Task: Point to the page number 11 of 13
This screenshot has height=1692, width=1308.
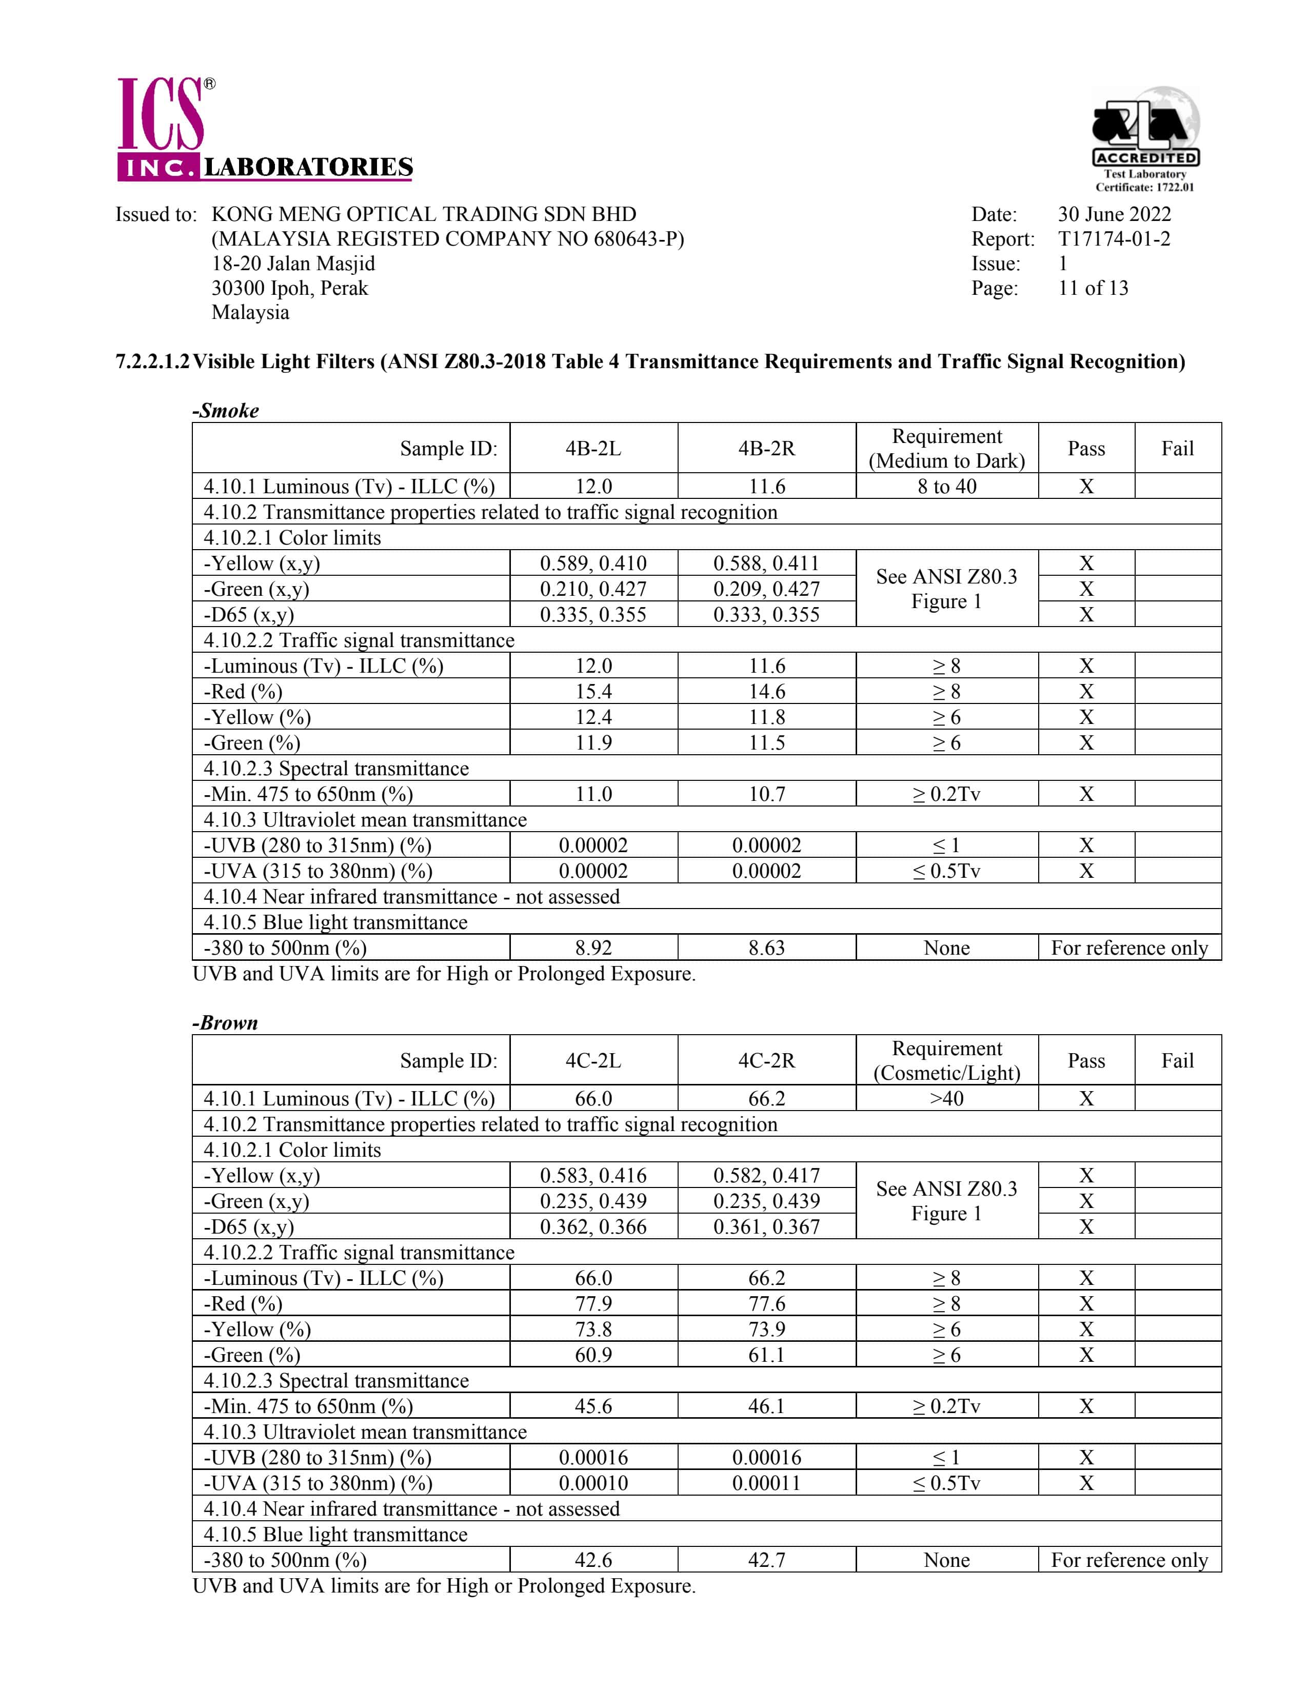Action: point(1093,288)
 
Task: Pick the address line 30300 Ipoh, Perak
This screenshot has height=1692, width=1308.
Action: point(290,288)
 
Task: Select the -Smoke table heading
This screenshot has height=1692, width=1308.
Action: point(226,411)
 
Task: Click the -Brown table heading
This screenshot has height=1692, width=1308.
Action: point(226,1023)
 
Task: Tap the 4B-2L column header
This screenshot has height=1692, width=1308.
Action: point(593,449)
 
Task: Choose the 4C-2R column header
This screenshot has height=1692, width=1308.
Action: point(766,1061)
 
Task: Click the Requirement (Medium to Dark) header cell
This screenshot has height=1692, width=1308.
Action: point(946,449)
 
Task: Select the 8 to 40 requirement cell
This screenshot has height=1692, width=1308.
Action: point(946,487)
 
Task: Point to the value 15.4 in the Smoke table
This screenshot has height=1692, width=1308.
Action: point(593,692)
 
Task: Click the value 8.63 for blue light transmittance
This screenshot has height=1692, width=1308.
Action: point(766,948)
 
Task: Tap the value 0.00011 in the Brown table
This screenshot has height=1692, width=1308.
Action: point(766,1483)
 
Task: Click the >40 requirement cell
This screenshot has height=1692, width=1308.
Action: point(946,1099)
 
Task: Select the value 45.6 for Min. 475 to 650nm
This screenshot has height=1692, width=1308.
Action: point(593,1406)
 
